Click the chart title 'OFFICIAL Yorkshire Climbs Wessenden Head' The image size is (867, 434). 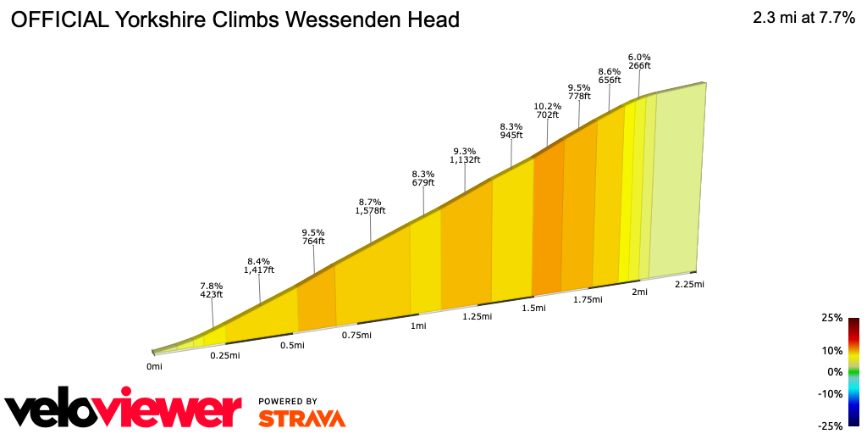click(235, 19)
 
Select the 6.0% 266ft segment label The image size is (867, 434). click(639, 61)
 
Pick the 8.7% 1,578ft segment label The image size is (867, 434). click(370, 206)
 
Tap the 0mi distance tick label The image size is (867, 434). click(154, 366)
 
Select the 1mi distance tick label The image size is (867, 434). click(417, 325)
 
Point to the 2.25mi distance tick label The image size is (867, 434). click(689, 284)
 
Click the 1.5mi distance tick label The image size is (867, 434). click(533, 308)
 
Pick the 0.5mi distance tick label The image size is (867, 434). click(292, 345)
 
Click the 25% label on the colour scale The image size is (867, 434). click(831, 318)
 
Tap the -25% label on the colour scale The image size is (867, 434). click(830, 426)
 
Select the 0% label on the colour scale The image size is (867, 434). click(834, 371)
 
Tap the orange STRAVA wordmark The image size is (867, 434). click(301, 419)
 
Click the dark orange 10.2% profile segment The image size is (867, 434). click(548, 220)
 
